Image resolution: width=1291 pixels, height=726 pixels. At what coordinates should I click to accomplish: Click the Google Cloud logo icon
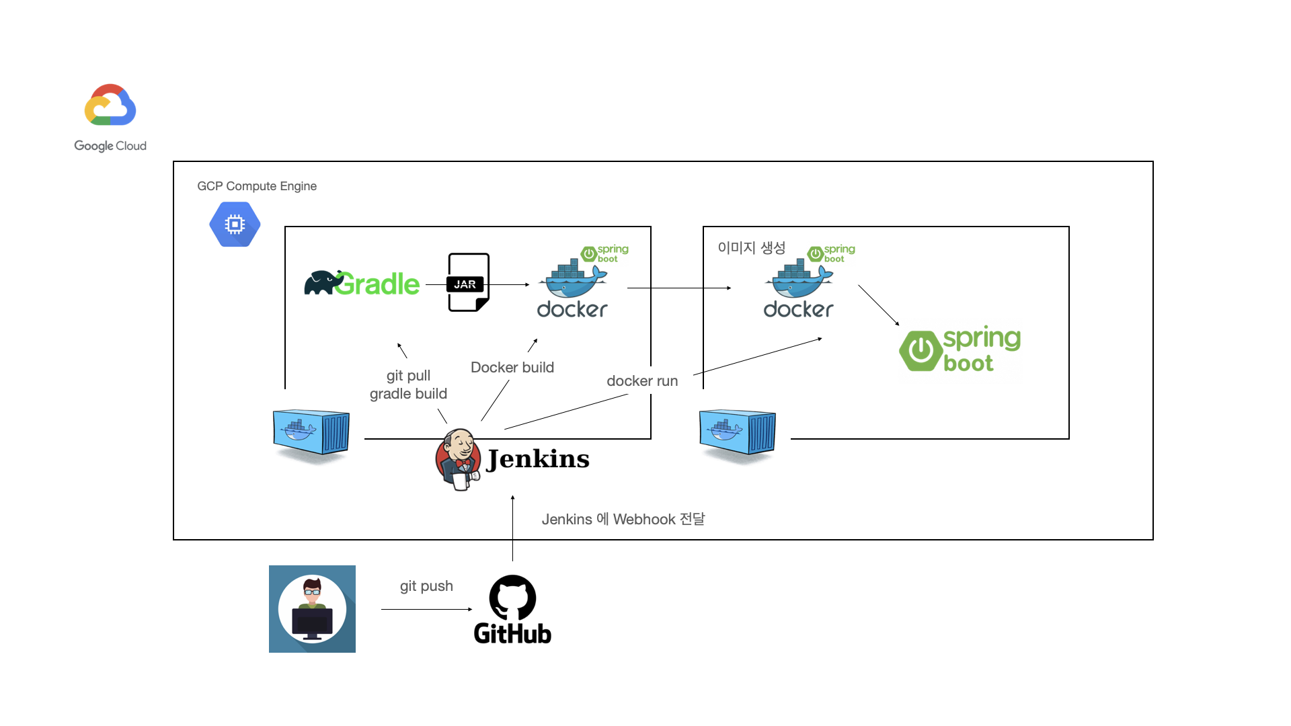[110, 105]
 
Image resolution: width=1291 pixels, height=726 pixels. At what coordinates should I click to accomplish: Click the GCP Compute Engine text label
[257, 186]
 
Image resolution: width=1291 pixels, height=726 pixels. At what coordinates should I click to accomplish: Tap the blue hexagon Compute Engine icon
[235, 225]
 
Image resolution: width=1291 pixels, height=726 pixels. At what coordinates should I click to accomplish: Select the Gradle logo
[362, 284]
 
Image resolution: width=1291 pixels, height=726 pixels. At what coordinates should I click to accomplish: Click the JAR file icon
[468, 282]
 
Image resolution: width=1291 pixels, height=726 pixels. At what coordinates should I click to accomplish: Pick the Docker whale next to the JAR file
[573, 282]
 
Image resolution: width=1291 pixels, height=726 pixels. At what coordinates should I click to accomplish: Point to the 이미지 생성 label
[751, 248]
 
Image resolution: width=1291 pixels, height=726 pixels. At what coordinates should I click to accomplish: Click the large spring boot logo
[960, 350]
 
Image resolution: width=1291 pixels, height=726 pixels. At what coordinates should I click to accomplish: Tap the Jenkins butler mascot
[459, 459]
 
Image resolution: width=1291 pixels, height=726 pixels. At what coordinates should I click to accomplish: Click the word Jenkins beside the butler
[538, 459]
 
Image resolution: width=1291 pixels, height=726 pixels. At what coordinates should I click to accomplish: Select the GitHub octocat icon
[512, 598]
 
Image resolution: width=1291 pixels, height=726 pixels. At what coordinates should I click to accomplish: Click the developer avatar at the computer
[312, 609]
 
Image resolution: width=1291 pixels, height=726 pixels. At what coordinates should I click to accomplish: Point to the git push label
[426, 586]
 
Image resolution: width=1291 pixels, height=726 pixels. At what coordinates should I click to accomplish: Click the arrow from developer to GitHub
[426, 609]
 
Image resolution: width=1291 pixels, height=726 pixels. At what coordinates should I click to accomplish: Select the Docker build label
[512, 368]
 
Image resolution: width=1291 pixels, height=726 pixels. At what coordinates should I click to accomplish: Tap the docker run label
[642, 381]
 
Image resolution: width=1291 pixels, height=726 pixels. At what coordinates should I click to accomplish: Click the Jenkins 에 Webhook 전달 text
[623, 519]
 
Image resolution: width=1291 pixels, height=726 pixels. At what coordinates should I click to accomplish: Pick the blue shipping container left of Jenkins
[311, 434]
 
